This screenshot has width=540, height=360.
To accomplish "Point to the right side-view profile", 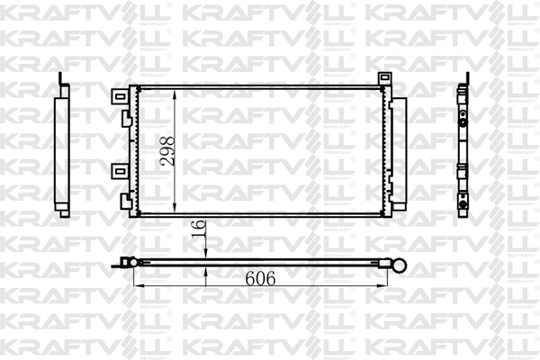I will (x=463, y=148).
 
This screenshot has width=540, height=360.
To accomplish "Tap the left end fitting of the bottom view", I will (x=129, y=263).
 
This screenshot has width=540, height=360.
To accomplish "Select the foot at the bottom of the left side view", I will (x=62, y=211).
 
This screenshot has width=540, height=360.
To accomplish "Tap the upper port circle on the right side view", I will (x=463, y=116).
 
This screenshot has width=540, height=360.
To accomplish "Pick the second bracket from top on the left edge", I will (x=120, y=117).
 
